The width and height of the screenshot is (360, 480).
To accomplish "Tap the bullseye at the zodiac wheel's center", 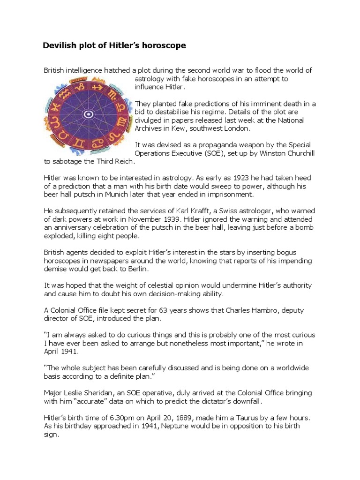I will coord(87,114).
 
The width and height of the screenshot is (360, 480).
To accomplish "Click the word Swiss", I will coord(250,210).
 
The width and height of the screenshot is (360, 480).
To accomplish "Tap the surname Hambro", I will coord(268,310).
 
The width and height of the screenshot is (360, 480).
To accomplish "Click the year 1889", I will coord(195,418).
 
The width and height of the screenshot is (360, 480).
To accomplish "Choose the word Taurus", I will coord(257,418).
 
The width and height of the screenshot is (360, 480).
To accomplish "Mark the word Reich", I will coord(123,161).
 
